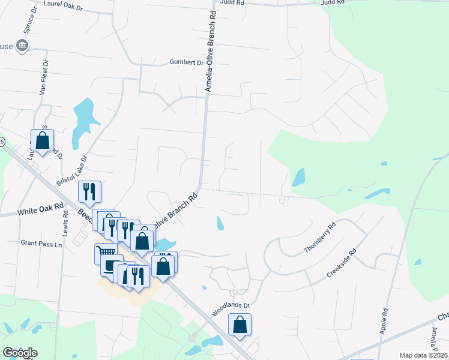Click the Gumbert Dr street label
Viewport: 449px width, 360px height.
click(x=187, y=62)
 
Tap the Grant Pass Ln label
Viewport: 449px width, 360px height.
click(x=41, y=244)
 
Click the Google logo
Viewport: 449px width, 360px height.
click(x=20, y=353)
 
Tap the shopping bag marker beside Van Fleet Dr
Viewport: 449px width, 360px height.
click(x=43, y=140)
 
